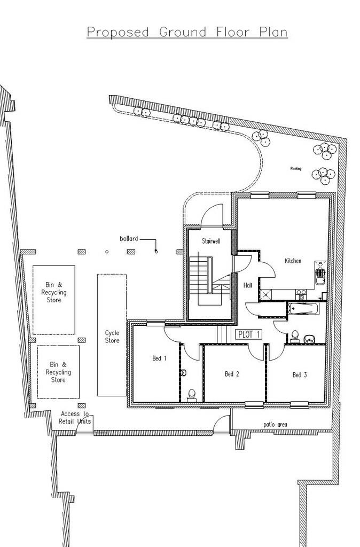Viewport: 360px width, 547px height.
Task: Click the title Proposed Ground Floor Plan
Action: coord(187,32)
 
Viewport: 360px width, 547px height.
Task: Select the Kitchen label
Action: coord(293,261)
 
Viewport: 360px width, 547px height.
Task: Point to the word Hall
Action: coord(248,286)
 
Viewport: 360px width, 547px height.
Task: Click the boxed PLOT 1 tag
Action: coord(249,334)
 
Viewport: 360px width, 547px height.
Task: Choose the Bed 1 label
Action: coord(159,358)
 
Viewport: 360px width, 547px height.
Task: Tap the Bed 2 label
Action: coord(231,374)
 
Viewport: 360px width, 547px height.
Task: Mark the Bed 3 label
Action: coord(300,375)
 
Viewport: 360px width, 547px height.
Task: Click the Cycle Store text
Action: coord(112,336)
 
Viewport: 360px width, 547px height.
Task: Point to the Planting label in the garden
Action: coord(295,169)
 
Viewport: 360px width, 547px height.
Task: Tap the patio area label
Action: coord(275,424)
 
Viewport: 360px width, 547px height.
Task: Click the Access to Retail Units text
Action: coord(75,418)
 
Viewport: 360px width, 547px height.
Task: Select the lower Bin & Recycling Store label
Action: coord(58,372)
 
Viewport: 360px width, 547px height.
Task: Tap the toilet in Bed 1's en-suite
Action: coord(192,394)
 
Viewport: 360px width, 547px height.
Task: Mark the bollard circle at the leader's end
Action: coord(155,251)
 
